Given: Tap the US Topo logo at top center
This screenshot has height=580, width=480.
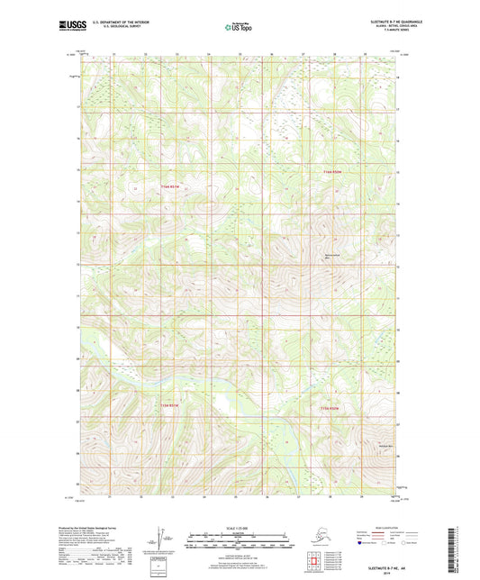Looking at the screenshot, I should click(x=239, y=28).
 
